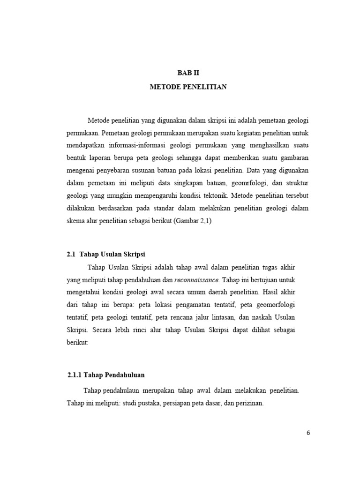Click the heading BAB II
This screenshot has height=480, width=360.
(x=187, y=73)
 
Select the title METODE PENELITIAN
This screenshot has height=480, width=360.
(x=187, y=87)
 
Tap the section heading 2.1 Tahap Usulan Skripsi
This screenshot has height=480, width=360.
(x=106, y=254)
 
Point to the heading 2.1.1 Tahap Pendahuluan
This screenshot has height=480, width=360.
(x=106, y=375)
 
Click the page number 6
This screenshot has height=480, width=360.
(x=308, y=433)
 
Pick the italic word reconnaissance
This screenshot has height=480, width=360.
(x=196, y=280)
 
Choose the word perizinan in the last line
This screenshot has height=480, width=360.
(x=249, y=403)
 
